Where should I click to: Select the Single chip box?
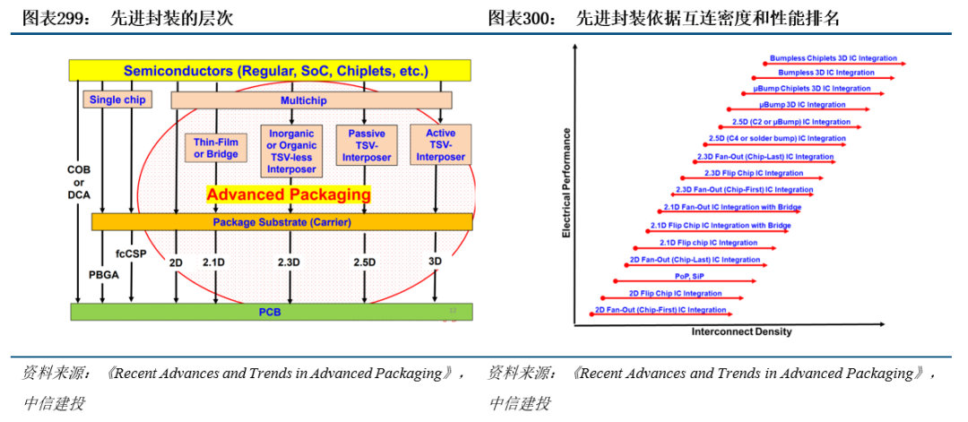pyautogui.click(x=117, y=99)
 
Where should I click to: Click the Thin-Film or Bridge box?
pyautogui.click(x=216, y=147)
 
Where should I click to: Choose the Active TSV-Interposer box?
pyautogui.click(x=440, y=145)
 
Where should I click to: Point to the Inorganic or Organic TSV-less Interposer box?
pyautogui.click(x=288, y=151)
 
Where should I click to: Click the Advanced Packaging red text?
pyautogui.click(x=288, y=194)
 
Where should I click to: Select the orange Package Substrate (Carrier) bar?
pyautogui.click(x=281, y=221)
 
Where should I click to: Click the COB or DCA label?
pyautogui.click(x=79, y=180)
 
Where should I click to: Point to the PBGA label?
pyautogui.click(x=104, y=274)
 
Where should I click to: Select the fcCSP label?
pyautogui.click(x=131, y=254)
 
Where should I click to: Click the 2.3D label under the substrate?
pyautogui.click(x=289, y=262)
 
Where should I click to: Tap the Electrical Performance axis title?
pyautogui.click(x=566, y=183)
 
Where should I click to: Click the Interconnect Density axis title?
pyautogui.click(x=741, y=332)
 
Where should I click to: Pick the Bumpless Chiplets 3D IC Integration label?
pyautogui.click(x=834, y=58)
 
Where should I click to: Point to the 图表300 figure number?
pyautogui.click(x=514, y=18)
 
